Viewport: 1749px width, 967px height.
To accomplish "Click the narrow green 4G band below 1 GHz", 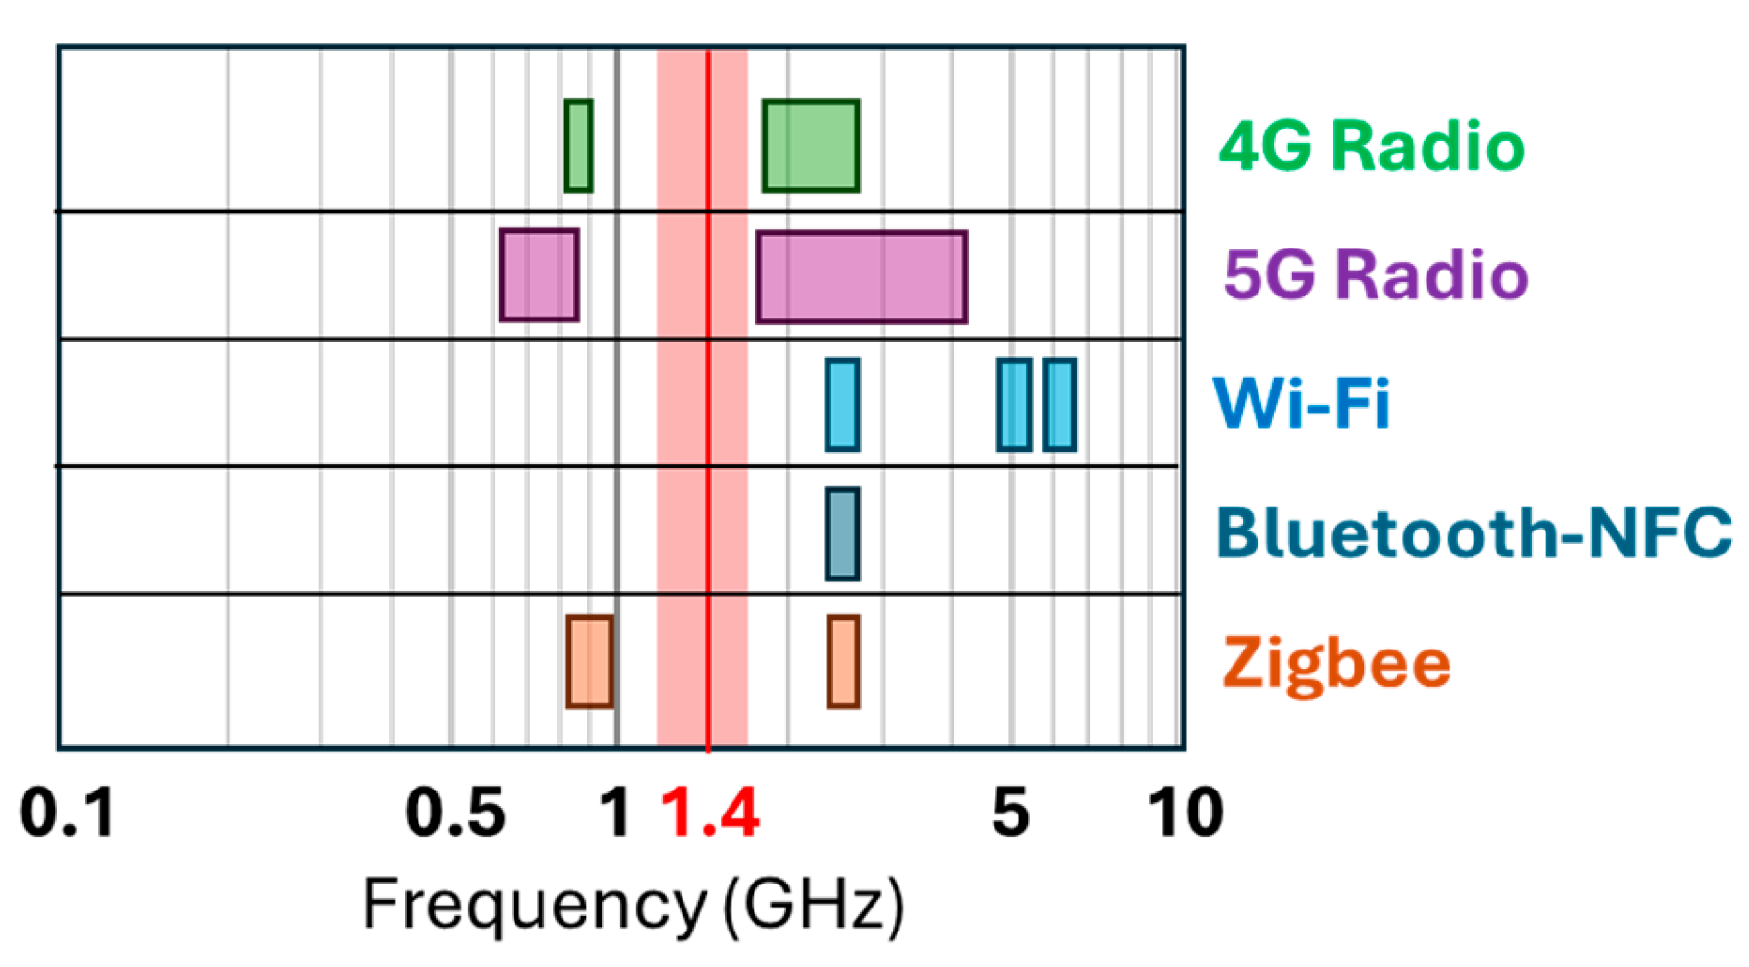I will tap(578, 146).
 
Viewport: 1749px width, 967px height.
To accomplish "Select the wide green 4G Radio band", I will tap(811, 146).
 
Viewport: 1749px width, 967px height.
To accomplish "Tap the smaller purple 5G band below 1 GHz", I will tap(539, 275).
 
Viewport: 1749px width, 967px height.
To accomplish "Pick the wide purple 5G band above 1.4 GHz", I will tap(861, 277).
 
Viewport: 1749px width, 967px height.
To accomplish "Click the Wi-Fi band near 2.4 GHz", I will tap(843, 405).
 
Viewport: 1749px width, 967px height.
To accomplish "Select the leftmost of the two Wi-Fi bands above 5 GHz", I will tap(1014, 405).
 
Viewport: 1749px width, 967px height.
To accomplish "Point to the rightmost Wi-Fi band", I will tap(1060, 405).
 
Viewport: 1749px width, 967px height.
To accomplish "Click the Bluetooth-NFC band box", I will tap(843, 534).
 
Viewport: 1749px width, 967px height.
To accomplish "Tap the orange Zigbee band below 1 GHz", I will tap(589, 662).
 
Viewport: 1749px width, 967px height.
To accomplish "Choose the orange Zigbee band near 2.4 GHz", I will tap(843, 662).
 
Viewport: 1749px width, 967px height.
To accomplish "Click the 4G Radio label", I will tap(1371, 147).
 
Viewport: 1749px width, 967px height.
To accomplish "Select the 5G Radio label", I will tap(1375, 275).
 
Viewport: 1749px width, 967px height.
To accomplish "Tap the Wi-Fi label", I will tap(1301, 403).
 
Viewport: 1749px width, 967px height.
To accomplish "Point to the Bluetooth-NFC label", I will tap(1473, 532).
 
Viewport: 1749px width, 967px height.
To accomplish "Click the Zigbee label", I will tap(1335, 663).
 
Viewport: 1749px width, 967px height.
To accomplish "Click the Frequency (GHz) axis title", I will tap(633, 905).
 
